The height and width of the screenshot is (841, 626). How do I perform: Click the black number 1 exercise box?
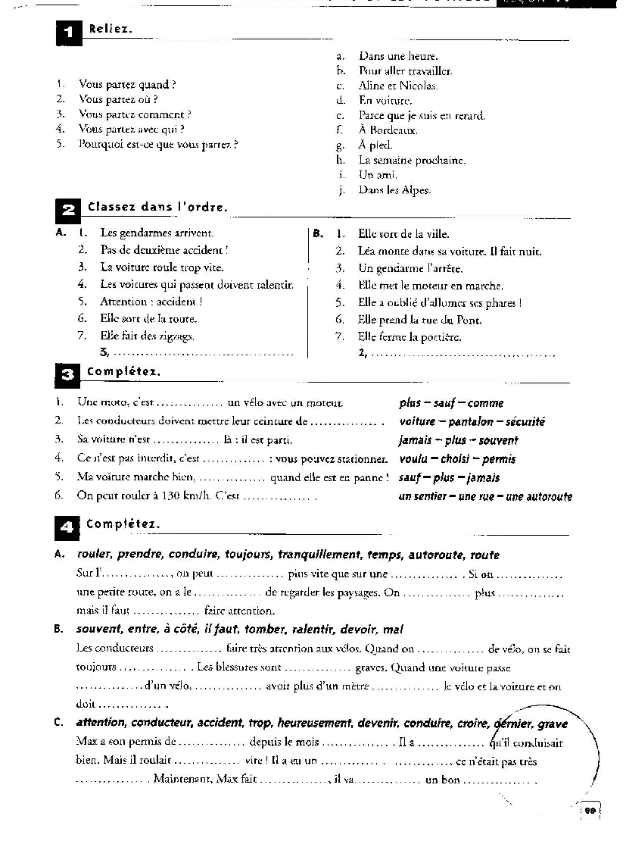(x=68, y=33)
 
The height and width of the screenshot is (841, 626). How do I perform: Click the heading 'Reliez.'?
(x=111, y=30)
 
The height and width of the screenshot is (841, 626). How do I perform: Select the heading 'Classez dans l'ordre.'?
(x=157, y=207)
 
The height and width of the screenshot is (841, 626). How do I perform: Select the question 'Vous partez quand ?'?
(x=128, y=85)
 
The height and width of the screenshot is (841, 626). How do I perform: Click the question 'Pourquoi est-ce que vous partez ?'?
(x=158, y=144)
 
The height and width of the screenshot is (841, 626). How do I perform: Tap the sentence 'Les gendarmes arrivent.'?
(x=157, y=233)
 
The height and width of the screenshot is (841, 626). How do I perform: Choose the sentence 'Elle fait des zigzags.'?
(x=148, y=336)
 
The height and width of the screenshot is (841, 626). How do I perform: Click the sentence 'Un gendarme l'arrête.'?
(x=410, y=268)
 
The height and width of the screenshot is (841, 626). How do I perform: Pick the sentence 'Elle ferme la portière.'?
(x=410, y=337)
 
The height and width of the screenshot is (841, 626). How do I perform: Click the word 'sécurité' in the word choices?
(x=525, y=422)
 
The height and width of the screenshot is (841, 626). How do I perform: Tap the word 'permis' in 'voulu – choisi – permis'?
(x=499, y=459)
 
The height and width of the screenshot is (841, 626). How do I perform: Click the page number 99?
(x=590, y=811)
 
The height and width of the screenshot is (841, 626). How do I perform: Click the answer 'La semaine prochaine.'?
(x=412, y=161)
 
